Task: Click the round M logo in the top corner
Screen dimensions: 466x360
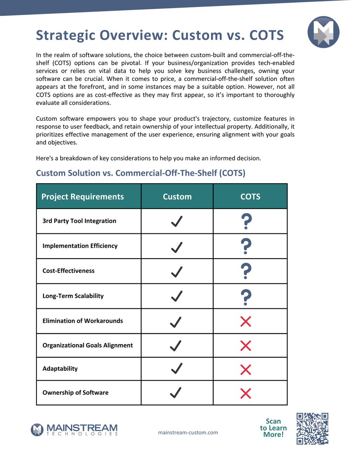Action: pos(323,32)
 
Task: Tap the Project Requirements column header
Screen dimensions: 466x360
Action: pos(83,196)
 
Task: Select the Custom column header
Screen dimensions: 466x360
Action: pos(177,196)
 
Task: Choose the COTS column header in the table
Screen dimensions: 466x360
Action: pos(250,196)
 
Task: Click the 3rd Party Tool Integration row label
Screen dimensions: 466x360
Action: pos(79,221)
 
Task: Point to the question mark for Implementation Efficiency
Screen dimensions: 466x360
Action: pos(246,246)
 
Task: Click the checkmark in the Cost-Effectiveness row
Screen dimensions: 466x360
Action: pos(177,271)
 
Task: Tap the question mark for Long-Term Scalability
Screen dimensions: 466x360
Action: pos(246,296)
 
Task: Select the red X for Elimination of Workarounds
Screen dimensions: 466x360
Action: pos(245,321)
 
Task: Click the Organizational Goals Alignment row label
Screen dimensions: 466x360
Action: pos(87,345)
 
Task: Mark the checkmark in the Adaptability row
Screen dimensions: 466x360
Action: pos(177,369)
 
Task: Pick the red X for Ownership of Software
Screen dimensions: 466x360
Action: pos(245,393)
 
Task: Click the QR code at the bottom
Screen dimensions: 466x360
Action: pos(312,428)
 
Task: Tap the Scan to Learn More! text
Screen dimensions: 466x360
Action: pos(273,428)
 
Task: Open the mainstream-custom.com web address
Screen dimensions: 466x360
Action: pos(188,433)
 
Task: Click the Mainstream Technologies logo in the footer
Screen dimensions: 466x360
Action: pos(74,429)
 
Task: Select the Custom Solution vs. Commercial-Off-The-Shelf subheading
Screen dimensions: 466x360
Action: pos(141,173)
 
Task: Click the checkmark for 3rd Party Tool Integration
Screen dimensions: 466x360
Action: pos(177,222)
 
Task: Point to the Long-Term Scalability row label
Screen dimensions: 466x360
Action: pos(73,296)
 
